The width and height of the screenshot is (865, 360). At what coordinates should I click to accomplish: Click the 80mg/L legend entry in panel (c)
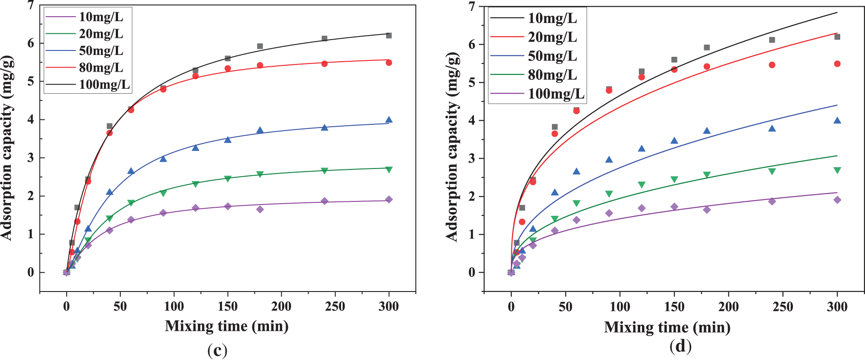pyautogui.click(x=101, y=68)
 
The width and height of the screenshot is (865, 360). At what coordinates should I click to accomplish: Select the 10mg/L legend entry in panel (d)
pyautogui.click(x=552, y=18)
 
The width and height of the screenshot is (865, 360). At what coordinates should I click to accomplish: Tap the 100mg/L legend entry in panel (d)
pyautogui.click(x=556, y=94)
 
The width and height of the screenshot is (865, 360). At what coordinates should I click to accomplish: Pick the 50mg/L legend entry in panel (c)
pyautogui.click(x=101, y=50)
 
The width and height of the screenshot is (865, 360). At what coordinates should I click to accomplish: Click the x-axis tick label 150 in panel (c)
pyautogui.click(x=228, y=307)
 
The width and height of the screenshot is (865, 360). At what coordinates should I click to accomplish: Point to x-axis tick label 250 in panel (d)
pyautogui.click(x=783, y=307)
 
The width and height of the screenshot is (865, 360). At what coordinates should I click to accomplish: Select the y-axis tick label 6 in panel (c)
pyautogui.click(x=31, y=43)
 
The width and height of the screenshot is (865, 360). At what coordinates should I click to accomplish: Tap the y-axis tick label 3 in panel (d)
pyautogui.click(x=472, y=159)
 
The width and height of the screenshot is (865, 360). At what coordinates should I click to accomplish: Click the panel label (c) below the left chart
pyautogui.click(x=217, y=351)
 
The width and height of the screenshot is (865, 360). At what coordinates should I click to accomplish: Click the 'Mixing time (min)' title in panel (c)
pyautogui.click(x=227, y=326)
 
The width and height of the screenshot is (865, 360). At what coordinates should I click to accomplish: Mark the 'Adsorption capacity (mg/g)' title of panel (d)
pyautogui.click(x=452, y=147)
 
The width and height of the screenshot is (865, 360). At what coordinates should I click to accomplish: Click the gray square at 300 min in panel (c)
pyautogui.click(x=389, y=36)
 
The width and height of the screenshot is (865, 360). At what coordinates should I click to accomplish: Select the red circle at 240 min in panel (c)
pyautogui.click(x=324, y=64)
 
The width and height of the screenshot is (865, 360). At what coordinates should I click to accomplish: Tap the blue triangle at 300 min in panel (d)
pyautogui.click(x=837, y=120)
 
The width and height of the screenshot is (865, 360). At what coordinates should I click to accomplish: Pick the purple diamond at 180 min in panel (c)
pyautogui.click(x=260, y=209)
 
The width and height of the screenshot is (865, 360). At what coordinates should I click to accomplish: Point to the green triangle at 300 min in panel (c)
pyautogui.click(x=389, y=169)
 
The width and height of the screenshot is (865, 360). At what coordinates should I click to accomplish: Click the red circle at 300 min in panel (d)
pyautogui.click(x=837, y=64)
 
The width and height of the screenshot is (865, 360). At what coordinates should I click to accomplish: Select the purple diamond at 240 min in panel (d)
pyautogui.click(x=772, y=201)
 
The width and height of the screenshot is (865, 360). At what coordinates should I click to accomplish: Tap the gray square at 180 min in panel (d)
pyautogui.click(x=707, y=48)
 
